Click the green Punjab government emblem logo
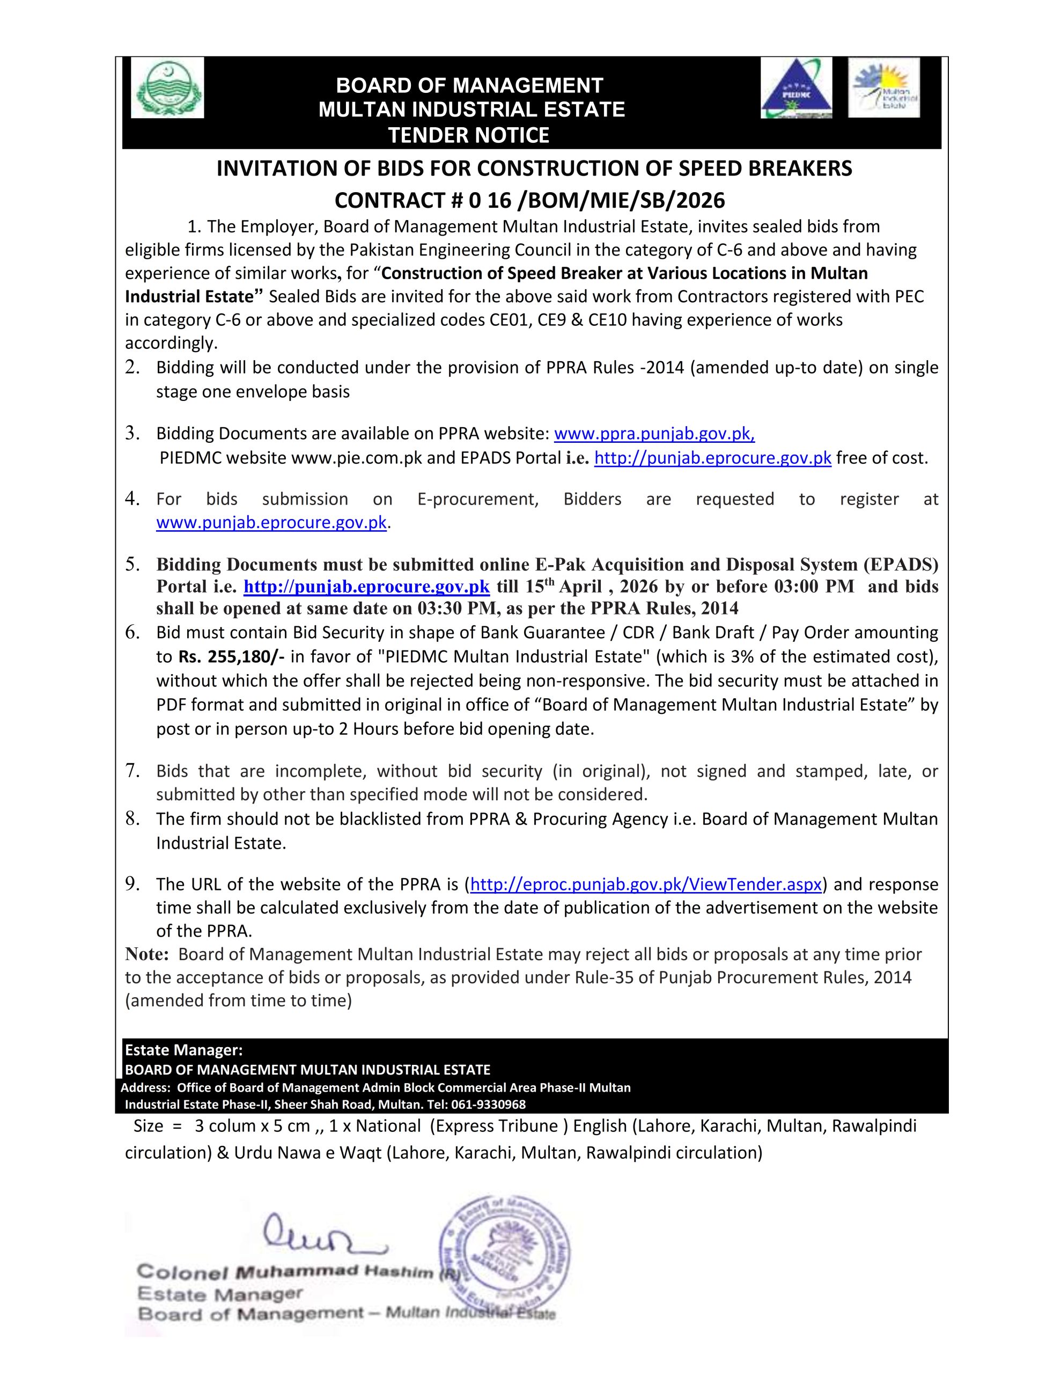pyautogui.click(x=167, y=88)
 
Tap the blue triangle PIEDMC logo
pyautogui.click(x=795, y=88)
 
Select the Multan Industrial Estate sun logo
pyautogui.click(x=883, y=87)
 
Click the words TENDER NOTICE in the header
pyautogui.click(x=469, y=135)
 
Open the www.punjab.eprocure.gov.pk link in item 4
pyautogui.click(x=271, y=523)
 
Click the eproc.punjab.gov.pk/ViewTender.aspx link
pyautogui.click(x=646, y=885)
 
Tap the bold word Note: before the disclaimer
pyautogui.click(x=147, y=955)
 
